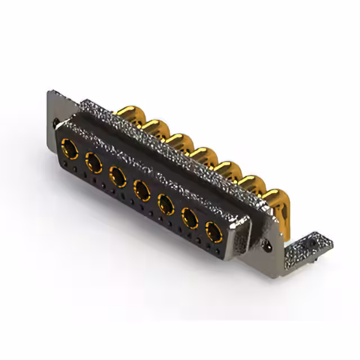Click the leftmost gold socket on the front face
coord(70,149)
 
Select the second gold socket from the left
coord(93,163)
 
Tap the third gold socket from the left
coord(118,176)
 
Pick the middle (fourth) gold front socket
coord(142,190)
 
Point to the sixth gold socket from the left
coord(190,217)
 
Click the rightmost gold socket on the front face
coord(213,231)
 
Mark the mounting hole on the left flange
coord(55,121)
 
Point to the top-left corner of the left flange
coord(50,91)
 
